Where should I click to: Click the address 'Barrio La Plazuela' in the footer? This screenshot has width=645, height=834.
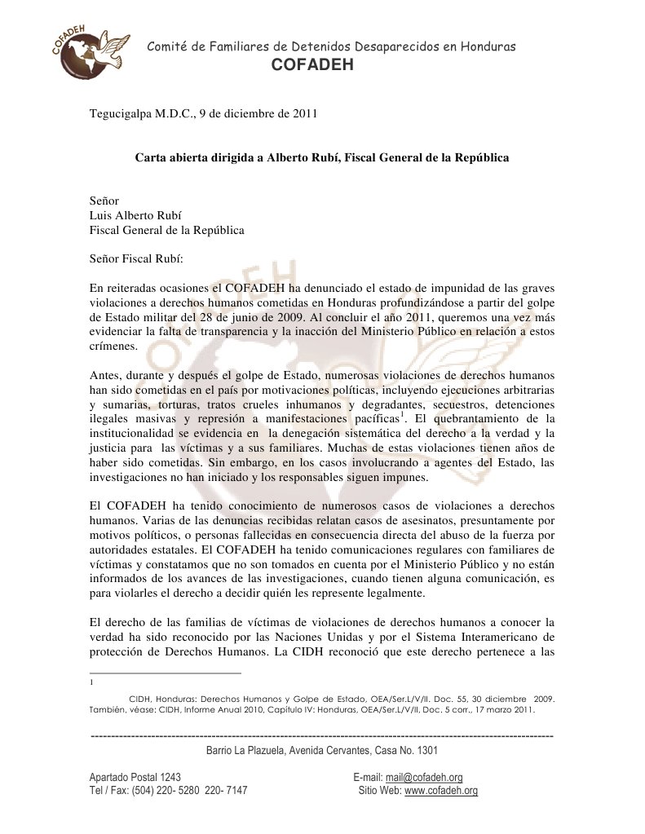245,749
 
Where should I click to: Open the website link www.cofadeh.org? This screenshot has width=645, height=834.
441,791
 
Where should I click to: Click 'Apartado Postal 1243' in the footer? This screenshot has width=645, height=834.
135,777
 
